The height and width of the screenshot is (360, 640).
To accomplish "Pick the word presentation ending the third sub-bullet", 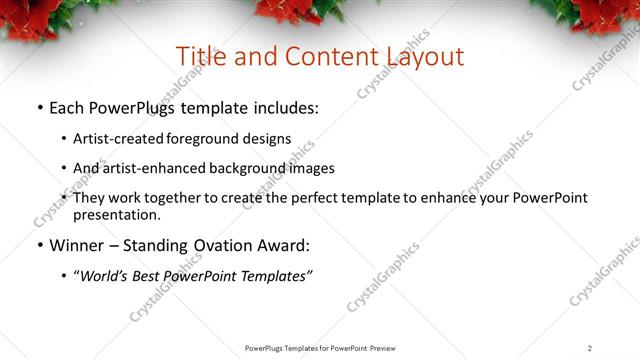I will (115, 214).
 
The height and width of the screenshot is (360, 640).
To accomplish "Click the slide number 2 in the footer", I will (590, 348).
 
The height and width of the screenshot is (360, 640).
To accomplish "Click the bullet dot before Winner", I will (39, 246).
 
